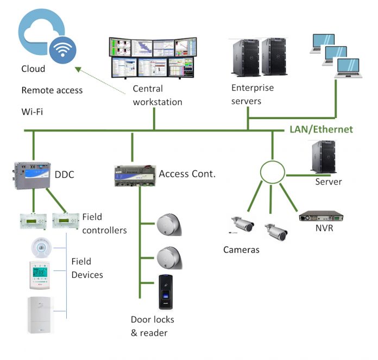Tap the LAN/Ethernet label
pyautogui.click(x=320, y=129)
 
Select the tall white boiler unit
pyautogui.click(x=42, y=314)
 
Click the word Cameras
pyautogui.click(x=241, y=250)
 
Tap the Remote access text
pyautogui.click(x=52, y=90)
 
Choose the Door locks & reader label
pyautogui.click(x=149, y=326)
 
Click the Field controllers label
pyautogui.click(x=104, y=224)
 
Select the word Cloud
pyautogui.click(x=33, y=69)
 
